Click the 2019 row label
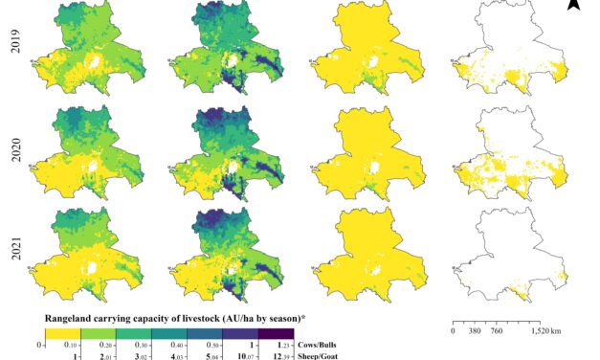(16, 48)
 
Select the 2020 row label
(16, 143)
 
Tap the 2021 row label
(16, 239)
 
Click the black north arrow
(573, 6)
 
